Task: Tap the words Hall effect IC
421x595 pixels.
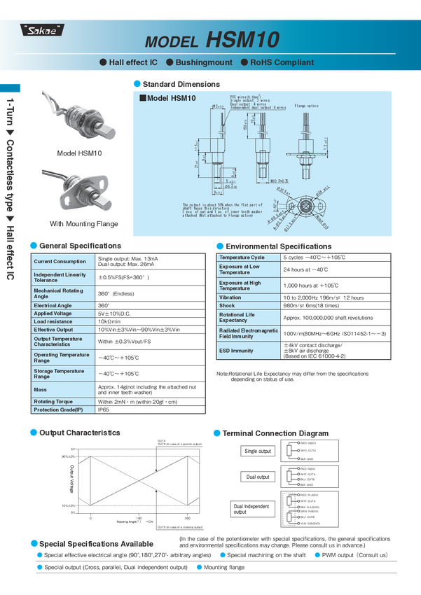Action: pyautogui.click(x=132, y=62)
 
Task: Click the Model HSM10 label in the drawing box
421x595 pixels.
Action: pyautogui.click(x=169, y=98)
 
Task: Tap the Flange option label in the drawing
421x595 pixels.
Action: pyautogui.click(x=306, y=106)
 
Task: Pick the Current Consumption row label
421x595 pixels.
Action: pyautogui.click(x=60, y=262)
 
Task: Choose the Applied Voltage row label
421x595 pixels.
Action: pyautogui.click(x=55, y=314)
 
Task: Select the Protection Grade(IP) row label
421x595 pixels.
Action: pyautogui.click(x=59, y=409)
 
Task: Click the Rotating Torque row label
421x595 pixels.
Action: pyautogui.click(x=55, y=402)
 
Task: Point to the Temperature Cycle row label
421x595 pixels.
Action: pyautogui.click(x=242, y=258)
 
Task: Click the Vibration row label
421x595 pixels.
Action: pyautogui.click(x=230, y=297)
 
